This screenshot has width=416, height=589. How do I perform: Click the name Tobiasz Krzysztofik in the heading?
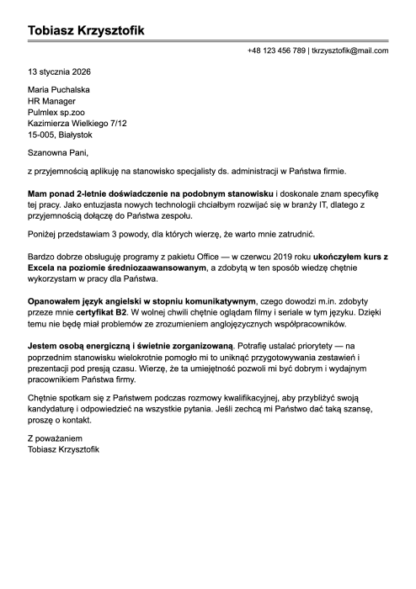pos(86,31)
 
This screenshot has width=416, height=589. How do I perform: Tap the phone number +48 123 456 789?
pos(276,51)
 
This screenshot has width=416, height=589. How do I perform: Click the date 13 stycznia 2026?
pos(59,72)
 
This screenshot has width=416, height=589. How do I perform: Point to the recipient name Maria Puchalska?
pos(59,90)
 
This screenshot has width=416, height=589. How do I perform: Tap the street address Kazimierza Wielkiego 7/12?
pos(77,123)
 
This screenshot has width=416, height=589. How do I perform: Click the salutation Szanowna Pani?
pos(57,152)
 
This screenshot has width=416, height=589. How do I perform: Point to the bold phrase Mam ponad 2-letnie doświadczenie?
pos(95,194)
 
